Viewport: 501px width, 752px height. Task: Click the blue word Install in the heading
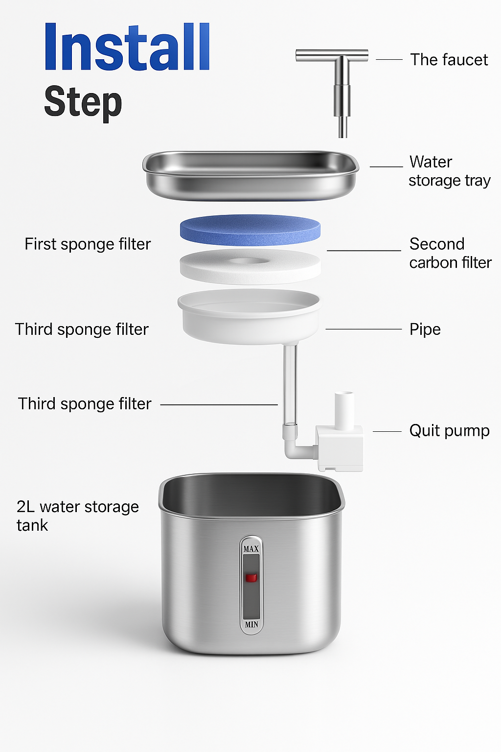coord(127,47)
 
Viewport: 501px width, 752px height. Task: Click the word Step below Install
coord(83,102)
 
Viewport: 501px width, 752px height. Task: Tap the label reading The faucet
coord(449,60)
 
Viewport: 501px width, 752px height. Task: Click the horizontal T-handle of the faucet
coord(332,55)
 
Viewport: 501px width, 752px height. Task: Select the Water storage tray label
coord(449,171)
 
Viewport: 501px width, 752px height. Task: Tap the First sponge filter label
coord(88,244)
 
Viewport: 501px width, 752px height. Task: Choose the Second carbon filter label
coord(450,253)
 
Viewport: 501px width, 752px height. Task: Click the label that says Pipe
coord(425,329)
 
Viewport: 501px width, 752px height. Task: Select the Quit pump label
coord(449,431)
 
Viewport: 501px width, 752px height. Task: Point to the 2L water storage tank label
coord(77,516)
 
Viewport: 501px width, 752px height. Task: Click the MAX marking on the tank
coord(251,549)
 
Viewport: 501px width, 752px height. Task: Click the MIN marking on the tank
coord(251,624)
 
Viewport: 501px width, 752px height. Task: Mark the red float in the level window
coord(251,578)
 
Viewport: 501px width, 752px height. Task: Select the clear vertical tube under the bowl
coord(290,384)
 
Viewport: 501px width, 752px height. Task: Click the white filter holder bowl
coord(250,318)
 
